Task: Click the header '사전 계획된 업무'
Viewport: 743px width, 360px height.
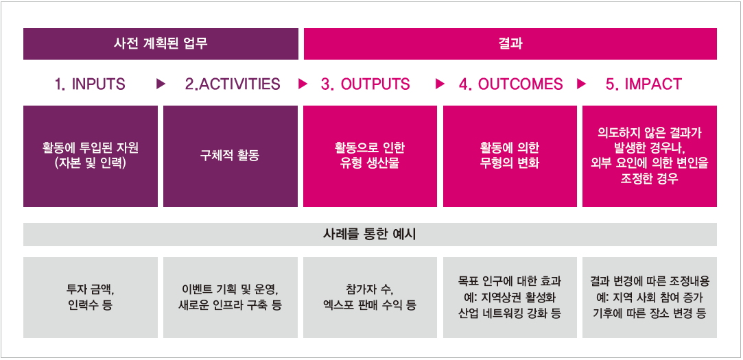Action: [161, 44]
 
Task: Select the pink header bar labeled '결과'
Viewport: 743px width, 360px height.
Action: [510, 44]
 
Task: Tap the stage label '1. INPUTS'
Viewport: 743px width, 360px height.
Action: [90, 84]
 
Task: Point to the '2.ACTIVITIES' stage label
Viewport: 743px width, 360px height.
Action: [233, 84]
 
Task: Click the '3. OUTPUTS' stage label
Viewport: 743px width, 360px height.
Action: [366, 84]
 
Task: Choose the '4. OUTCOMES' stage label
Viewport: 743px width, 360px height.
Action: [511, 84]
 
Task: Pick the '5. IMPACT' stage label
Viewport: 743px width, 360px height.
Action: [644, 84]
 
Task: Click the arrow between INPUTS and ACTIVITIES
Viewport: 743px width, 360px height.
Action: [161, 84]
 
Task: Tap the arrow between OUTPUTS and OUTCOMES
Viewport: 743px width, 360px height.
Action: [440, 84]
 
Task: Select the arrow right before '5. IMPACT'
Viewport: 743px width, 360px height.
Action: [581, 84]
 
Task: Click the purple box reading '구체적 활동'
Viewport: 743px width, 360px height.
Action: [231, 156]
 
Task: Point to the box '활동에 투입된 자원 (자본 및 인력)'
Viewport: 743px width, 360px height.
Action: [91, 156]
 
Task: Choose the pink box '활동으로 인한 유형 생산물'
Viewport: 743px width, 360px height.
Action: [370, 156]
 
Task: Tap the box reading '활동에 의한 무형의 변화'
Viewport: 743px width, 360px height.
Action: [510, 156]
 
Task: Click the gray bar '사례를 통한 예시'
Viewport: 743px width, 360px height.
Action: [370, 235]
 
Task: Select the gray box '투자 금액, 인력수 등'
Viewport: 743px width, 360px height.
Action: [91, 298]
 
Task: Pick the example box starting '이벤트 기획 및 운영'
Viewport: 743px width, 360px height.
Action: [231, 298]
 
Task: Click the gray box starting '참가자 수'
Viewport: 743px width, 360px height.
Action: [370, 298]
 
